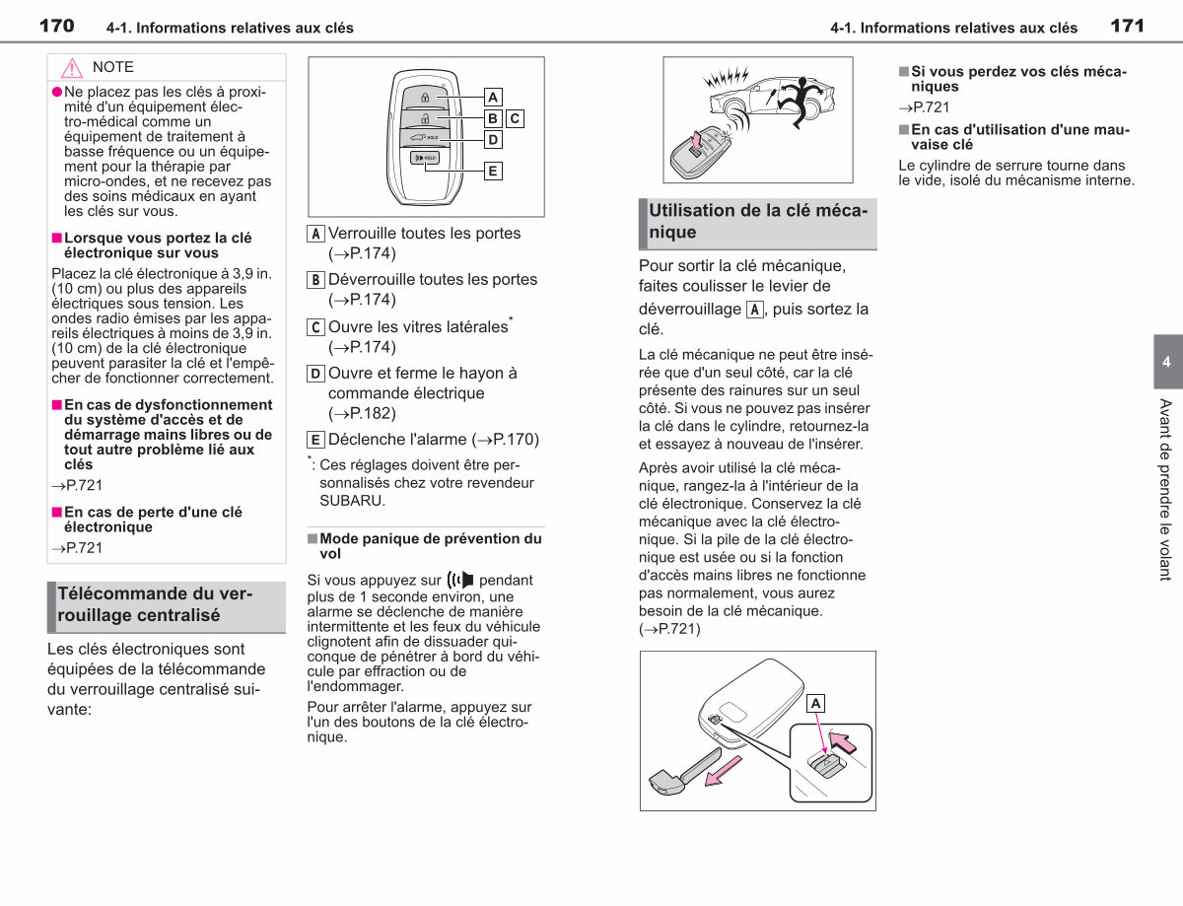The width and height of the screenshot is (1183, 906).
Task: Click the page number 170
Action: (56, 26)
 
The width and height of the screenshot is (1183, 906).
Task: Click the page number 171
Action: (1127, 26)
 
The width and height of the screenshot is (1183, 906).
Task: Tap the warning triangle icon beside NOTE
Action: (71, 68)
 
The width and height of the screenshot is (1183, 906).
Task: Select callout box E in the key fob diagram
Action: (493, 171)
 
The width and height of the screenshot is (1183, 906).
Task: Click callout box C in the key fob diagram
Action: (515, 118)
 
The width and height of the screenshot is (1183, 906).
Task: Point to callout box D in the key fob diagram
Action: (493, 140)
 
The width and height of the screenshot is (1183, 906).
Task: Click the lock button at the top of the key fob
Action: (425, 98)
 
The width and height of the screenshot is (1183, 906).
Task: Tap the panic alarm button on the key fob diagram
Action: (425, 158)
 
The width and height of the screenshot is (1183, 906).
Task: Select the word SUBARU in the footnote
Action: (351, 501)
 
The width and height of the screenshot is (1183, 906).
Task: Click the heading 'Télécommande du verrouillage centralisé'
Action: (155, 604)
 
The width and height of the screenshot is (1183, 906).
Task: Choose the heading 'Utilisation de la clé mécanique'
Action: (758, 221)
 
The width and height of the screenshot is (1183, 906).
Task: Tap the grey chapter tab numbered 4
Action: (1167, 361)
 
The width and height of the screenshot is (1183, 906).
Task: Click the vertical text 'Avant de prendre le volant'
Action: (1165, 490)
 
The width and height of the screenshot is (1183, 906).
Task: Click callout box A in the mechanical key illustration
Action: (815, 704)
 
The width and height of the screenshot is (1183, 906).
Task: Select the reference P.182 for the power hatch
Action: (362, 413)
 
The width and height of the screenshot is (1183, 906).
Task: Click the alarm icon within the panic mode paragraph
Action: (460, 580)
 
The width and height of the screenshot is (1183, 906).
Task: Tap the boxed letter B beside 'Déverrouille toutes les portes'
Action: (315, 280)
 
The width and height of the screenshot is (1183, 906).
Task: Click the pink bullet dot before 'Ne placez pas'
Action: (57, 92)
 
